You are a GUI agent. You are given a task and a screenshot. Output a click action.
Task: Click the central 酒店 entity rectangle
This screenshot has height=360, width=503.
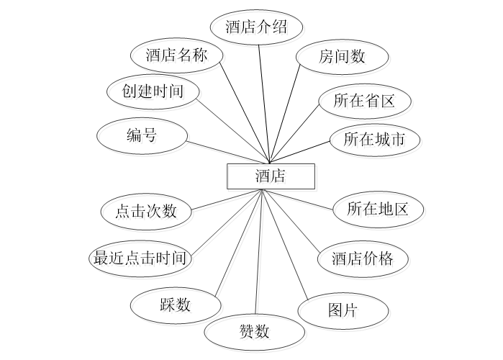[x=270, y=176]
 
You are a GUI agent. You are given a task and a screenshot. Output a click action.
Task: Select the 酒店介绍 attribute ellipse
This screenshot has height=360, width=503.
[x=256, y=27]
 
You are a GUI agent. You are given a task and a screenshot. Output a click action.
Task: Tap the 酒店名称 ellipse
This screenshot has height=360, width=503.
[x=176, y=55]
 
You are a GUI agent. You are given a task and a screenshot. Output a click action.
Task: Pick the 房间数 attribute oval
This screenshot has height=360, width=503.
[x=343, y=57]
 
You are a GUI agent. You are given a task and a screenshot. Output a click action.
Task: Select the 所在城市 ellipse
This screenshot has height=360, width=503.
[x=374, y=140]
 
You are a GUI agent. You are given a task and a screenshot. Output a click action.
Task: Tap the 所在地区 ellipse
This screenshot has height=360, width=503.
[x=378, y=210]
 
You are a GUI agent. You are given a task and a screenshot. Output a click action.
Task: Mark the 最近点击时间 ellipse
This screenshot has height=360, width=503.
[x=141, y=258]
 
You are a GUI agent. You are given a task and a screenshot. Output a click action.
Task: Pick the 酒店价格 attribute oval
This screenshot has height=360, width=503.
[x=363, y=258]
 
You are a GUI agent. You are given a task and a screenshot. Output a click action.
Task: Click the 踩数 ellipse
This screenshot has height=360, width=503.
[x=175, y=304]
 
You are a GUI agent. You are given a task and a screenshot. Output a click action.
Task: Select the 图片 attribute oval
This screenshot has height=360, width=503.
[x=343, y=310]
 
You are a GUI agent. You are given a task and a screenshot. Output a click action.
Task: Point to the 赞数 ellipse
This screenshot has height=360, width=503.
[x=253, y=332]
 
